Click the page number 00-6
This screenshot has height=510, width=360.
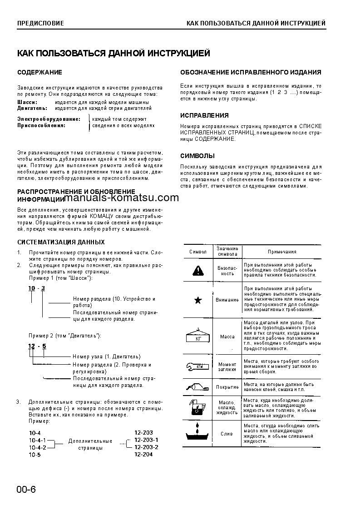pos(26,489)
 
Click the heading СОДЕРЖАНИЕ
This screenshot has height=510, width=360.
pos(39,72)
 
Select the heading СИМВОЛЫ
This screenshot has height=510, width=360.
pos(197,156)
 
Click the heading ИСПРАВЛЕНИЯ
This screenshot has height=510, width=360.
pos(204,115)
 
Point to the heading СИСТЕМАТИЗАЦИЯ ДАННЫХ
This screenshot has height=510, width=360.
pos(61,242)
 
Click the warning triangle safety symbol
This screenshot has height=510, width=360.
pos(198,271)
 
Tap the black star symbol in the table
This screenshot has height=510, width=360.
pos(198,300)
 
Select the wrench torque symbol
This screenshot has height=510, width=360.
pos(198,366)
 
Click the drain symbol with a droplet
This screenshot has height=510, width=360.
pos(198,433)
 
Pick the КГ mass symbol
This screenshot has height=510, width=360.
pos(198,337)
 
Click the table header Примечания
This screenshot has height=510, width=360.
pos(281,252)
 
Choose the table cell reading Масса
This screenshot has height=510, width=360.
pos(227,337)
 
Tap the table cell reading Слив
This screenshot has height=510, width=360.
pos(227,434)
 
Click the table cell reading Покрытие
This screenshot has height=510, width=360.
pos(227,387)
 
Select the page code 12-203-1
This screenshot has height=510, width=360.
pos(146,440)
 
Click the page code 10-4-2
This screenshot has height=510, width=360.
pos(38,447)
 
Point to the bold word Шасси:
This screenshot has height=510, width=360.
pos(28,103)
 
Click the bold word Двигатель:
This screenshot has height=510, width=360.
pos(32,109)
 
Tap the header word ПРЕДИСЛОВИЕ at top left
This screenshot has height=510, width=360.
pos(40,23)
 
